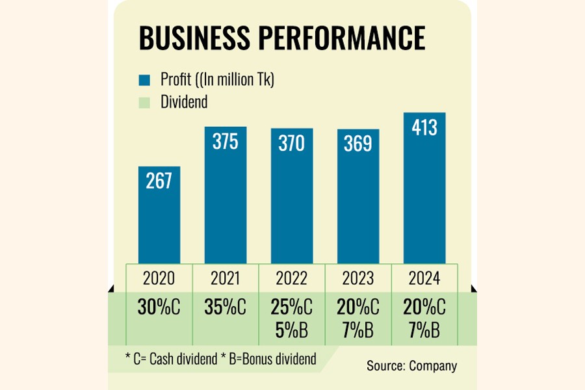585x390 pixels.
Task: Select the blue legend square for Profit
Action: (145, 81)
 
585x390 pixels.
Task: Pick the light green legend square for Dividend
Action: (145, 102)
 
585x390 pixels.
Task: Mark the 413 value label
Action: (424, 127)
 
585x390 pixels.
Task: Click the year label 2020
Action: (159, 279)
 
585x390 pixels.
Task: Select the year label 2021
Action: (225, 279)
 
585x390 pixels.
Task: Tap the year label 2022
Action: (291, 279)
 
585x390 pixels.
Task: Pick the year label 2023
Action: (357, 279)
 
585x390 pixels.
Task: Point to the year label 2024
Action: (424, 279)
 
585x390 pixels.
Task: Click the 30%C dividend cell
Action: (159, 307)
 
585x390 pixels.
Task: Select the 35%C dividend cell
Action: (225, 307)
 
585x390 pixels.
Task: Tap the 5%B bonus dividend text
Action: (291, 329)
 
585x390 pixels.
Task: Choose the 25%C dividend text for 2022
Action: (291, 307)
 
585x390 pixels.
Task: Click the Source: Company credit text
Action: (411, 365)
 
